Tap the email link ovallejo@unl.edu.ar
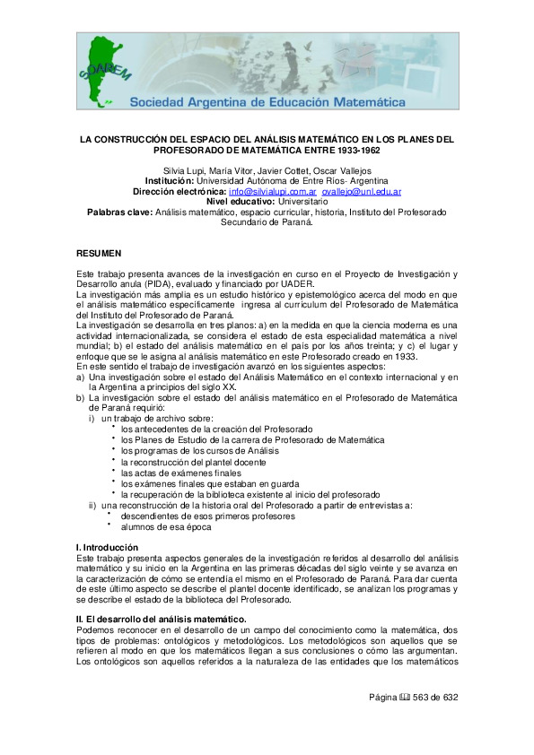(362, 192)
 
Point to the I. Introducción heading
(107, 547)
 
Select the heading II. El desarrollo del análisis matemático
(161, 594)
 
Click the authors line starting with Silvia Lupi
(266, 169)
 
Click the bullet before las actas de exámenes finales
(113, 471)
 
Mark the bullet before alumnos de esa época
(113, 525)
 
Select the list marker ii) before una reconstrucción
(92, 505)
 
